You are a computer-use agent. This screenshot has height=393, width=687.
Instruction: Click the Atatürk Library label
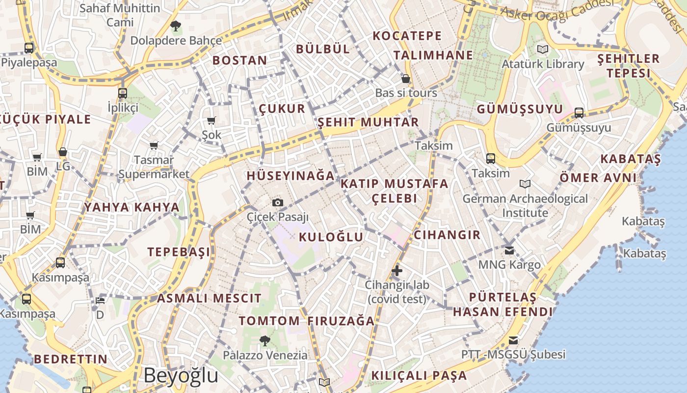(x=543, y=64)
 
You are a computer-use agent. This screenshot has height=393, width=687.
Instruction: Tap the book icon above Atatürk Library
(x=542, y=49)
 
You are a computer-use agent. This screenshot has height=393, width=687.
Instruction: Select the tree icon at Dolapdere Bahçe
(x=175, y=26)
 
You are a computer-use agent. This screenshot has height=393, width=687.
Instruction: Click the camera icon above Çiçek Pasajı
(x=278, y=202)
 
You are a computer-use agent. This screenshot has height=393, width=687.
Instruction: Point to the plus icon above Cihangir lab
(x=397, y=270)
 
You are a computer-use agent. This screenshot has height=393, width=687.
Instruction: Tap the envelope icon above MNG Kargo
(x=509, y=250)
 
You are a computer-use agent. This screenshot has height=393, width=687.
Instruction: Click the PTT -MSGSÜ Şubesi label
(x=513, y=354)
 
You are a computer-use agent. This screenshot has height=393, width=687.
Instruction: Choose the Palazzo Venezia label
(x=265, y=355)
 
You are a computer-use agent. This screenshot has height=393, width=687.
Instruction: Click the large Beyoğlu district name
(x=181, y=376)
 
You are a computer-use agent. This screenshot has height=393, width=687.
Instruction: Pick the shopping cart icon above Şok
(x=211, y=120)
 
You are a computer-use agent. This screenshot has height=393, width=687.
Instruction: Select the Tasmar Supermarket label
(x=154, y=167)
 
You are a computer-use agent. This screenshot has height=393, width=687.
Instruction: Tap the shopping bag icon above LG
(x=63, y=152)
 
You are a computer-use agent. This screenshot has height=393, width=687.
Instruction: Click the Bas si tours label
(x=406, y=93)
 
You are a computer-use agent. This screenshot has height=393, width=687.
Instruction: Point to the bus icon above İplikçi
(x=123, y=93)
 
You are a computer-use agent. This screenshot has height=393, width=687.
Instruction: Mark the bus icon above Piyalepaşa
(x=29, y=48)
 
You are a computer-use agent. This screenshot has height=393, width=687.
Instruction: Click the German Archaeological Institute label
(x=525, y=206)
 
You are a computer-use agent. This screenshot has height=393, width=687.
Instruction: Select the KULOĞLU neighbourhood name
(x=331, y=237)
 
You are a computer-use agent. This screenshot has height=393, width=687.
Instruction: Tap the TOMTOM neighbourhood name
(x=269, y=321)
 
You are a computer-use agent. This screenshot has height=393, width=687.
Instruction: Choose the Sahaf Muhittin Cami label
(x=120, y=15)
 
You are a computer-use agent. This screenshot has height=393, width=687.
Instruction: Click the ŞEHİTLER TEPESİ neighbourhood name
(x=628, y=66)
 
